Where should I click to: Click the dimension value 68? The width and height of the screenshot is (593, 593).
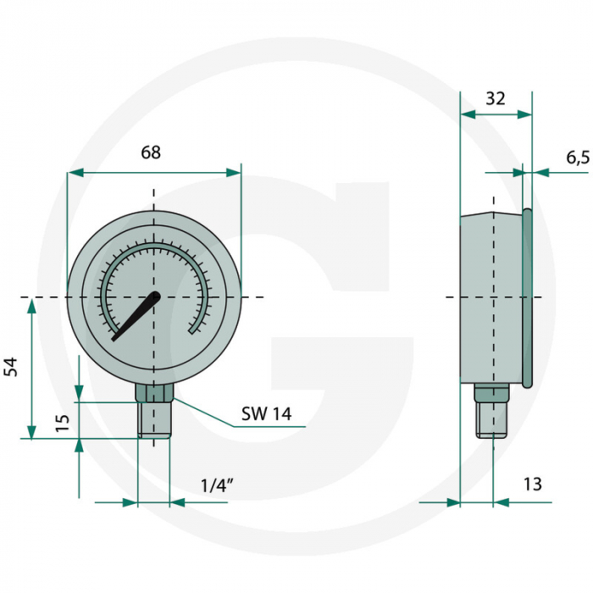point(151,152)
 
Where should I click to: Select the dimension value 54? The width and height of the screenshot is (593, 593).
point(11,367)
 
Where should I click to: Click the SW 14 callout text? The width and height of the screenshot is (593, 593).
point(266,413)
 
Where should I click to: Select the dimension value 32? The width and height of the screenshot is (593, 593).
point(496,98)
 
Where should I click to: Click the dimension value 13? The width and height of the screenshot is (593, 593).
point(532,485)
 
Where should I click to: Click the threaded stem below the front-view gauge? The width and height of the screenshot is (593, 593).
point(153,420)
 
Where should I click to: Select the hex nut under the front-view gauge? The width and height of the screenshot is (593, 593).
point(153,392)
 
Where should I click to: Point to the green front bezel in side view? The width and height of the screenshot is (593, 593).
point(527,296)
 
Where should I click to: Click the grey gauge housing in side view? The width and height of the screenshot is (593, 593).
point(491,296)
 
